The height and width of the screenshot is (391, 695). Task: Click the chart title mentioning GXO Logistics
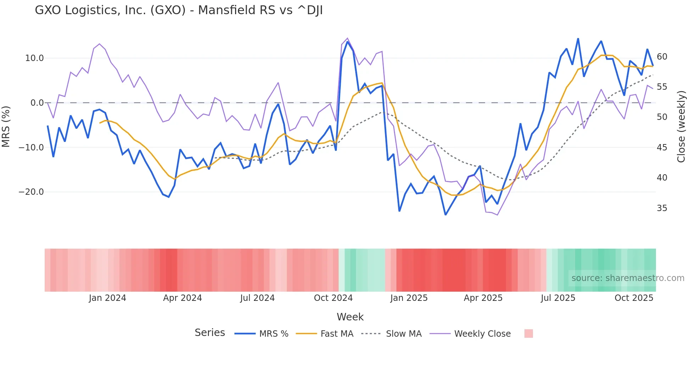point(179,10)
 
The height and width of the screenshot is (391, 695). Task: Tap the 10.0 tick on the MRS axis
point(34,58)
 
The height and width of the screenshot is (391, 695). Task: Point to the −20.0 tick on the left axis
point(31,192)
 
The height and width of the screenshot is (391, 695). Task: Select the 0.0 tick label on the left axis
point(37,103)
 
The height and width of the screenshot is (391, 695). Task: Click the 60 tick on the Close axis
point(662,57)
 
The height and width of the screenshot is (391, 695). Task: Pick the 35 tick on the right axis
point(662,208)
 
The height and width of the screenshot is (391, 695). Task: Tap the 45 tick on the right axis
point(662,148)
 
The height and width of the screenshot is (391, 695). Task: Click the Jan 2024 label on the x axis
point(107,298)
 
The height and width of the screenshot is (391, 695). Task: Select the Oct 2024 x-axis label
point(333,298)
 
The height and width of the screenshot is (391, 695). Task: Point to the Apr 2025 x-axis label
point(483,298)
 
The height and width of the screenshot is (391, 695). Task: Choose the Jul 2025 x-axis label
point(558,298)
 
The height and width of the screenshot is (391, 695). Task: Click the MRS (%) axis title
point(6,126)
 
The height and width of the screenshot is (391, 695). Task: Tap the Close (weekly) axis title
point(681,127)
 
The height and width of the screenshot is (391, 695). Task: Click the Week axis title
point(350,317)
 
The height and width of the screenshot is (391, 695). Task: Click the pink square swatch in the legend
point(528,334)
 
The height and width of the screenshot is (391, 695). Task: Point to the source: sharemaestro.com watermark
point(628,278)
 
